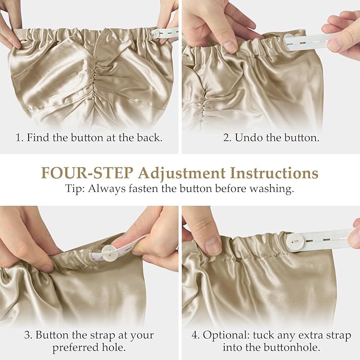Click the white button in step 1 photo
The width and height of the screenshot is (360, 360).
click(155, 34)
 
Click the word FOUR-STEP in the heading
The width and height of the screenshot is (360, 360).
click(87, 173)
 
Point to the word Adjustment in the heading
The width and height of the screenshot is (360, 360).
click(182, 173)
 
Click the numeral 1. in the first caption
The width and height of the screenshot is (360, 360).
click(19, 137)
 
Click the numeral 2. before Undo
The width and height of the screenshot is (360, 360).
click(227, 137)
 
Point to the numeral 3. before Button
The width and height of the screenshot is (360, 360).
click(28, 335)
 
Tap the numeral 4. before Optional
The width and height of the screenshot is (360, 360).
click(196, 335)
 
